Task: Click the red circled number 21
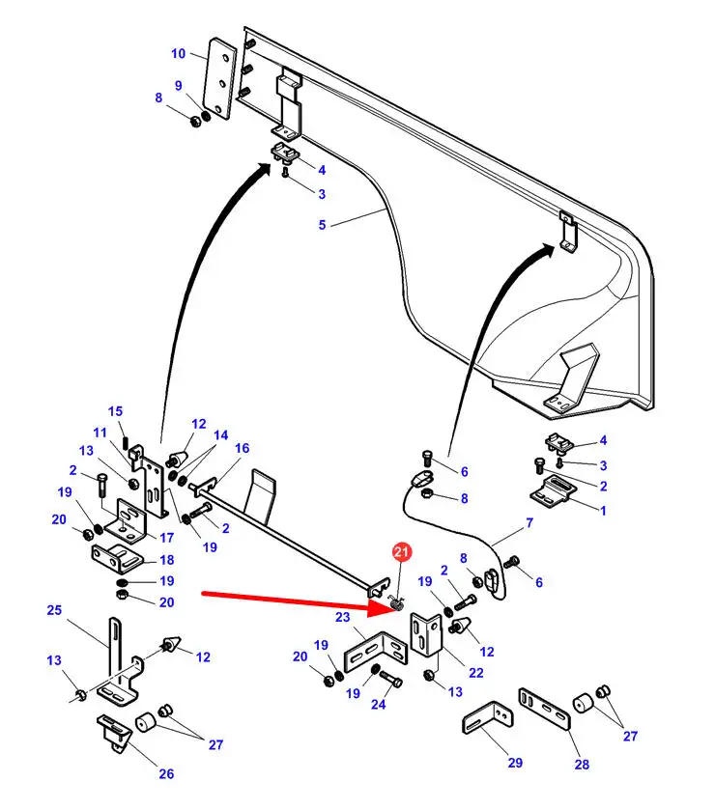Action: click(400, 552)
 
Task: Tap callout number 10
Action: click(178, 54)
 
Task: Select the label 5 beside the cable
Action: click(323, 224)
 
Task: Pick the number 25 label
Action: click(54, 610)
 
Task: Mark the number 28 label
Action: click(581, 766)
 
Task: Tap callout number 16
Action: click(242, 448)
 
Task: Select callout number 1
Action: click(603, 510)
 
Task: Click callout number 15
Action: click(115, 411)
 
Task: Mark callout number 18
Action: click(166, 560)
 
